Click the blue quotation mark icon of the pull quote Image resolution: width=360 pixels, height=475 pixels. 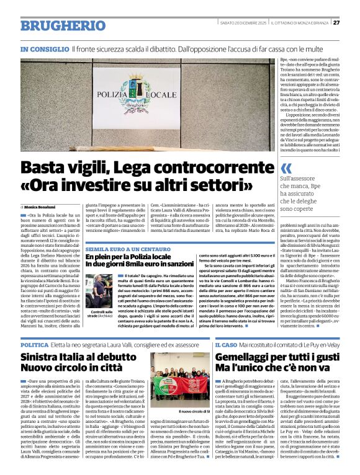pyautogui.click(x=286, y=169)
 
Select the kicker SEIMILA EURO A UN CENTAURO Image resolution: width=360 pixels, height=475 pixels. pyautogui.click(x=122, y=247)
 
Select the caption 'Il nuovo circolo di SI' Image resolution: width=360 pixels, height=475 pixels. pyautogui.click(x=179, y=412)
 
